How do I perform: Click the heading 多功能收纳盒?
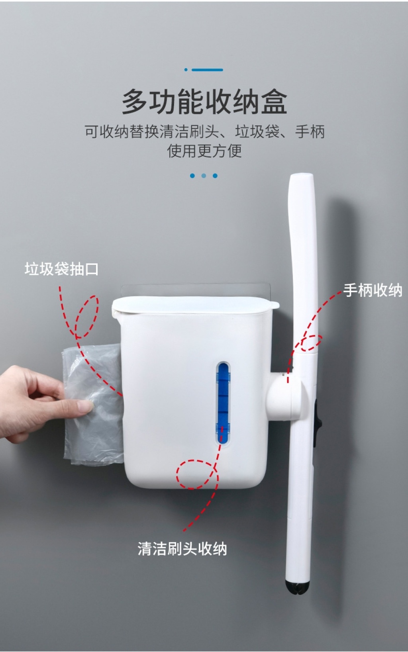pos(204,102)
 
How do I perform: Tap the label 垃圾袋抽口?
pos(61,269)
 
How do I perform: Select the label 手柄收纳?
pos(373,290)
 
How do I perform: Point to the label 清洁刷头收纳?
pos(182,549)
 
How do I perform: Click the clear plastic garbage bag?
pos(92,404)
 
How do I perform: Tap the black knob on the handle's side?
pos(318,423)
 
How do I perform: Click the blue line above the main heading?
pos(207,70)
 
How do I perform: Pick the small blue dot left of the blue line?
pos(186,70)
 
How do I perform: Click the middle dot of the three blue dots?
pos(204,176)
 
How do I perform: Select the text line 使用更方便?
pos(204,151)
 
